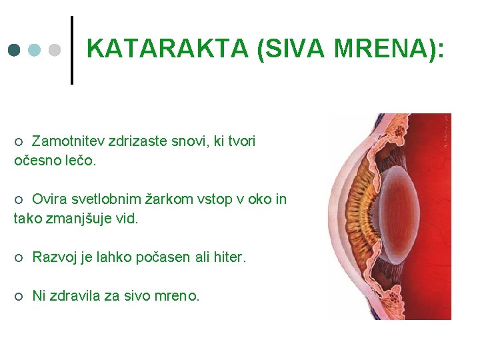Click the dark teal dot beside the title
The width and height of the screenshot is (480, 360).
point(15,51)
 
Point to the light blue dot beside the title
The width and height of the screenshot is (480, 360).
point(35,51)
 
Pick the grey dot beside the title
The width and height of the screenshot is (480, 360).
point(55,51)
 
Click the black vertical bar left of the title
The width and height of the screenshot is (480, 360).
point(71,50)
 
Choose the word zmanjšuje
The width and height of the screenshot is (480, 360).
point(82,219)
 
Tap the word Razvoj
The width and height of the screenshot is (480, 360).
point(54,257)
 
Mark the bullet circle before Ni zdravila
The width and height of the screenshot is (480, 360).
point(19,296)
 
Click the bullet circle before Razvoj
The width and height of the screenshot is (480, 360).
point(19,257)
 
